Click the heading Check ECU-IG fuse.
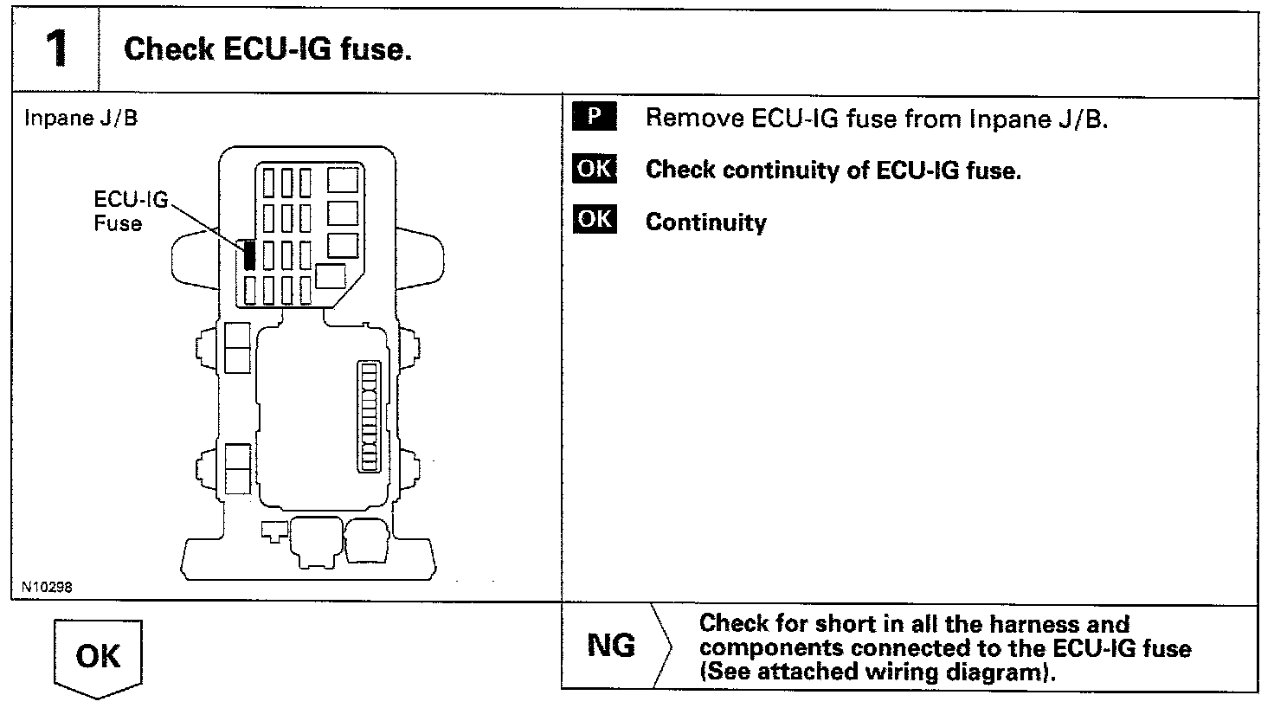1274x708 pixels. click(x=267, y=48)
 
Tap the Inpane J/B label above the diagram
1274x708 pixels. click(x=80, y=118)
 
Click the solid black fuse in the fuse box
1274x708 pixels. click(x=249, y=254)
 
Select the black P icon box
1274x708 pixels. click(x=594, y=117)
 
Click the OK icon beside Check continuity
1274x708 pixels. click(x=594, y=169)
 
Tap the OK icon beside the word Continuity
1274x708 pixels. click(x=594, y=221)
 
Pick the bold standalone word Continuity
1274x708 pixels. click(x=706, y=222)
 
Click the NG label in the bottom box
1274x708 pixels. click(x=611, y=646)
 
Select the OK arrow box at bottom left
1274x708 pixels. click(x=98, y=657)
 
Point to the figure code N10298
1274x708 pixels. click(x=47, y=588)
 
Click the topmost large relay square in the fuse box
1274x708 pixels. click(x=344, y=179)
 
